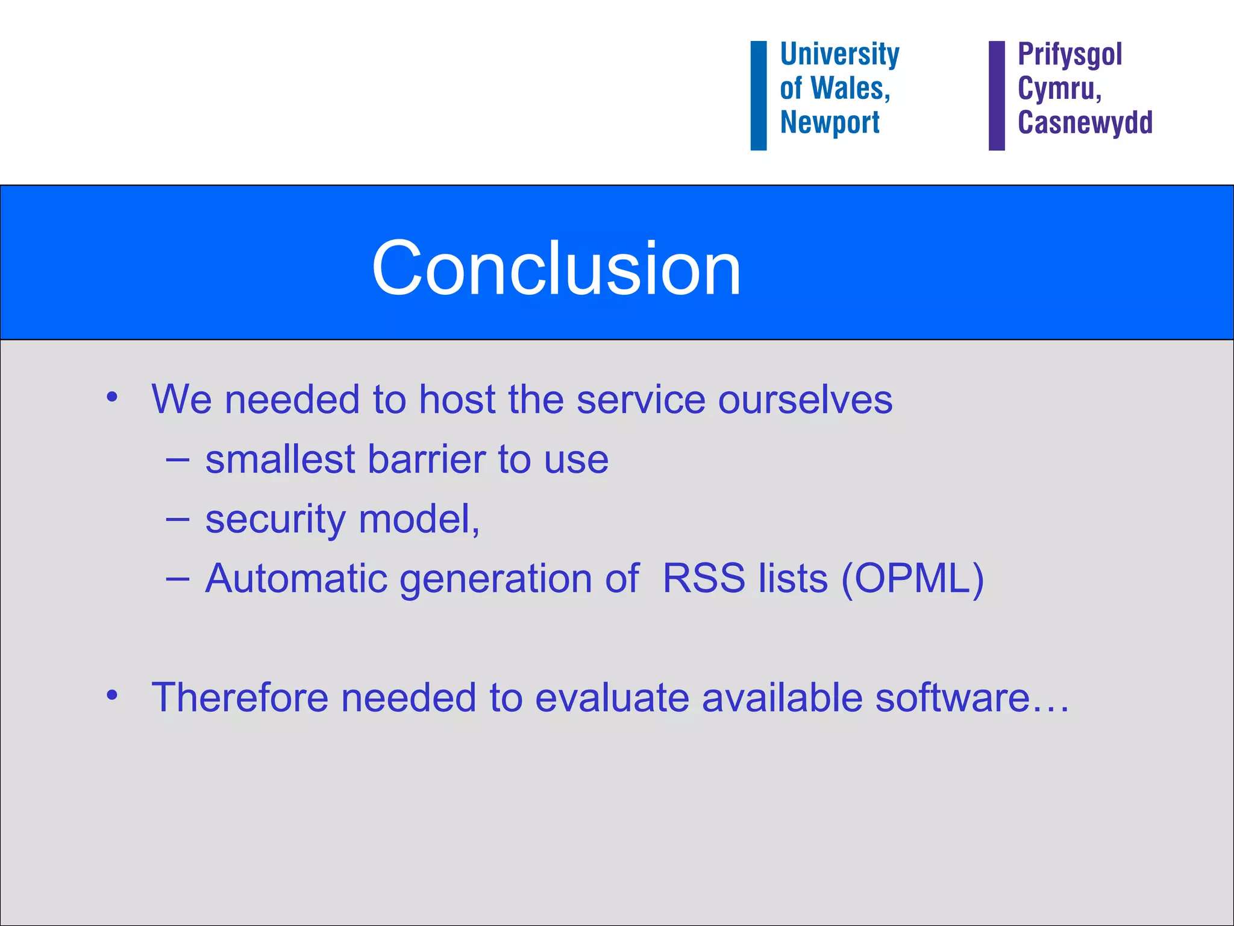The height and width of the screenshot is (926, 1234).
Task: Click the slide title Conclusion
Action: point(556,268)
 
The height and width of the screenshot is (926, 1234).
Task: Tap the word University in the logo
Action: point(839,54)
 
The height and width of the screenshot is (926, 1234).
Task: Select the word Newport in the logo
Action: point(830,122)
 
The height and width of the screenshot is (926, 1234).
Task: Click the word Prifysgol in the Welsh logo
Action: point(1070,54)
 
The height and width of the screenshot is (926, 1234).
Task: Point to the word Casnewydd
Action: point(1085,122)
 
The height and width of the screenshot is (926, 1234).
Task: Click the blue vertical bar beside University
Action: point(758,95)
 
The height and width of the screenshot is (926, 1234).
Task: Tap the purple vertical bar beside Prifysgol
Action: point(997,95)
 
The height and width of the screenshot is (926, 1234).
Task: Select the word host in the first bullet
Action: point(457,399)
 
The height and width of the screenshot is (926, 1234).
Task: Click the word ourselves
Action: point(805,400)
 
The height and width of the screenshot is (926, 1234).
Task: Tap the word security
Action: point(275,520)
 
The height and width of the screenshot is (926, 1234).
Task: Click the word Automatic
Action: point(296,579)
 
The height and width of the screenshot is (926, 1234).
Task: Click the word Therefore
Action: point(240,698)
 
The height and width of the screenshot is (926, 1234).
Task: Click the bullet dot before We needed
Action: point(112,397)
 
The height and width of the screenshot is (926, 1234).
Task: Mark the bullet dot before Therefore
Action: point(112,695)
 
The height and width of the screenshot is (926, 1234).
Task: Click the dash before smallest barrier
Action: point(178,460)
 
